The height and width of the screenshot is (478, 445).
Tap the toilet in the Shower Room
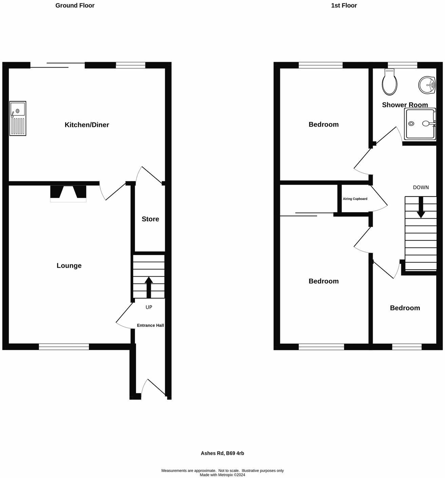tap(389, 82)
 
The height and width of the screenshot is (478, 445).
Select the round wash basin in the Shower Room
tap(427, 85)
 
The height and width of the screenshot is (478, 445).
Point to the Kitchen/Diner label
tap(87, 125)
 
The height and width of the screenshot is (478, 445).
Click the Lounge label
tap(69, 265)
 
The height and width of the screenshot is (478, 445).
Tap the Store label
tap(150, 219)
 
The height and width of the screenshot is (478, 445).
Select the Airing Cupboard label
tap(355, 199)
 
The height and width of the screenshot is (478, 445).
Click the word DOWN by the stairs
tap(421, 187)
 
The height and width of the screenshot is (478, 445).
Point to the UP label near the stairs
tap(149, 307)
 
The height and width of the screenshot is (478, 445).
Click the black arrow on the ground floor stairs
tap(149, 287)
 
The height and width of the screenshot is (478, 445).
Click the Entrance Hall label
tap(150, 325)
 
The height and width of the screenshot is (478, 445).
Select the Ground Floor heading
tap(75, 5)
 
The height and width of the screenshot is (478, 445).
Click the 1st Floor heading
tap(344, 5)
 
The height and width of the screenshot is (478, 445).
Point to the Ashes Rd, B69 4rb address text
tap(222, 453)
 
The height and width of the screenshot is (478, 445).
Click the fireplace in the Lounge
tap(68, 194)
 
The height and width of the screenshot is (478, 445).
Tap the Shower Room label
tap(405, 105)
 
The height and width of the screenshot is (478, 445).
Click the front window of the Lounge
tap(64, 347)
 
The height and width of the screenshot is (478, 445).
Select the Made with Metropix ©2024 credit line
tap(222, 475)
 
